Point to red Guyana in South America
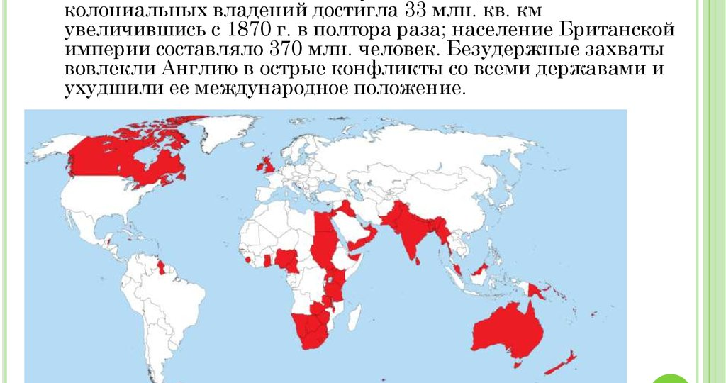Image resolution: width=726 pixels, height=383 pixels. pyautogui.click(x=161, y=267)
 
